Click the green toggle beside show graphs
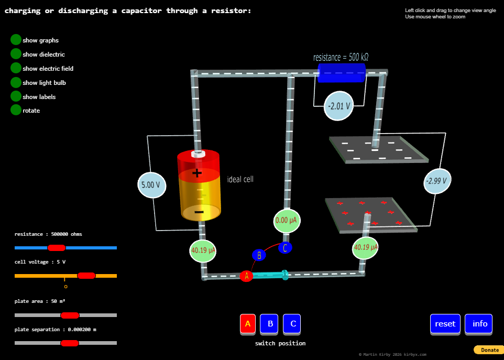tap(16, 40)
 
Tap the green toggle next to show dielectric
tap(16, 54)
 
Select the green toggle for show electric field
tap(16, 68)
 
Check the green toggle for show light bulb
tap(16, 82)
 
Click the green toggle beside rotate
tap(16, 110)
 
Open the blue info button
tap(479, 324)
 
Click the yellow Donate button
tap(489, 350)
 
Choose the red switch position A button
tap(248, 324)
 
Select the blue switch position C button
tap(293, 324)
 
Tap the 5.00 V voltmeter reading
tap(151, 184)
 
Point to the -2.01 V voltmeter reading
tap(338, 106)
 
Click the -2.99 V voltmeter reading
tap(436, 181)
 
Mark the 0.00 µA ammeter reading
tap(287, 221)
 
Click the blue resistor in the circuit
tap(342, 73)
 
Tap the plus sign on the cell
tap(196, 173)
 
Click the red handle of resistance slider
tap(57, 248)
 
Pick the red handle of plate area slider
tap(70, 315)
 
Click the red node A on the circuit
tap(246, 276)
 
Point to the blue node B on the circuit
tap(259, 255)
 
